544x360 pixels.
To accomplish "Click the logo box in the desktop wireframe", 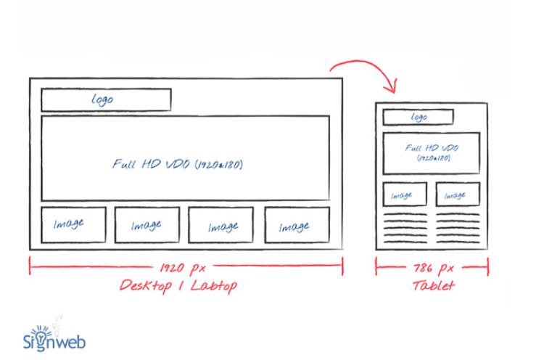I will pos(106,99).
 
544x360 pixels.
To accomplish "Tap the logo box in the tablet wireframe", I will pos(418,117).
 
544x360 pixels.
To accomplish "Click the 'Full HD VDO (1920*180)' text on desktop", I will pos(178,164).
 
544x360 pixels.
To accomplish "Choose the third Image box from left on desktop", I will pos(221,226).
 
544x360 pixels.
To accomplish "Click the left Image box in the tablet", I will pos(402,195).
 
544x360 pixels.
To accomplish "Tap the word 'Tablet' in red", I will pos(434,286).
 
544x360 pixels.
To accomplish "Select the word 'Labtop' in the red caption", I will pos(212,286).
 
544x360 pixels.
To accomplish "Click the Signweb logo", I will pos(57,336).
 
